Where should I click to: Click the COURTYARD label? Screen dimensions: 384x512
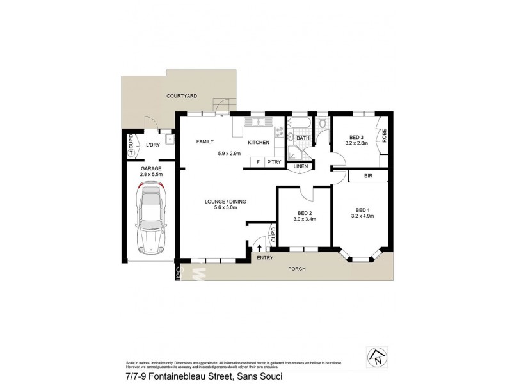(181, 95)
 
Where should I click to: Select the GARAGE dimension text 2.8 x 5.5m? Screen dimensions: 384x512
(152, 174)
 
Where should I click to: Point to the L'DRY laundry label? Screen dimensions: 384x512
(152, 145)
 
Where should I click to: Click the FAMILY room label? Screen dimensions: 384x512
(205, 142)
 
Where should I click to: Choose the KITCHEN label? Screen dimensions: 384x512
(258, 142)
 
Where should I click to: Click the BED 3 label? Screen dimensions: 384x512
(357, 137)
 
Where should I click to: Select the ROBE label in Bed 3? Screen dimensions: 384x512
(385, 135)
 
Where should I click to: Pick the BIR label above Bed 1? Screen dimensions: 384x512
(368, 175)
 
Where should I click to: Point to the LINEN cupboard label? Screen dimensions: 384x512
(301, 167)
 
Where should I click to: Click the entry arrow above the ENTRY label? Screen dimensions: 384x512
(259, 247)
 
